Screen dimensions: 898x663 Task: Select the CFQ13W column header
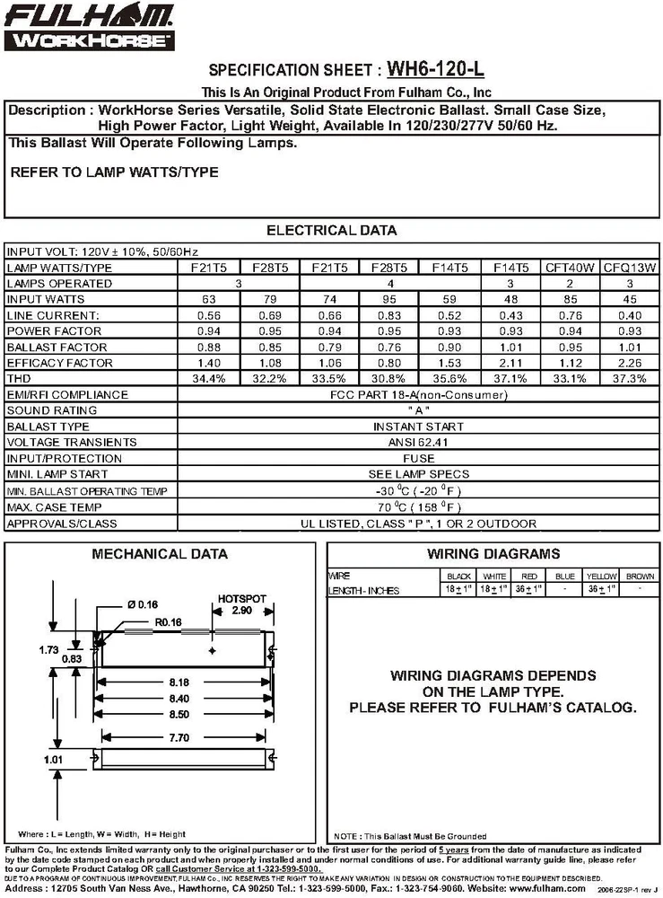point(630,268)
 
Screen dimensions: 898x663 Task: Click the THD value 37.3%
point(630,378)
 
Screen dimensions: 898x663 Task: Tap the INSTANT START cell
point(417,427)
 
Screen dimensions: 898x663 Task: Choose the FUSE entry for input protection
point(417,458)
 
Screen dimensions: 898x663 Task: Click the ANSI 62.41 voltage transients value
point(417,442)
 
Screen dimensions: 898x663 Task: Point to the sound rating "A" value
point(417,410)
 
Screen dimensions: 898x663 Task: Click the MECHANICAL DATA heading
point(160,554)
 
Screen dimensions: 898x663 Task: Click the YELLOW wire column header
point(601,576)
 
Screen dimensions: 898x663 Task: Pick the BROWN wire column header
point(640,576)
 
